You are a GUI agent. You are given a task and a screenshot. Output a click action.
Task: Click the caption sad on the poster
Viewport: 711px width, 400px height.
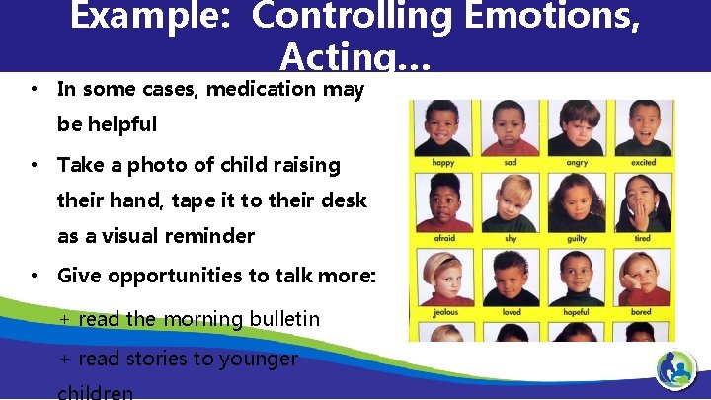511,163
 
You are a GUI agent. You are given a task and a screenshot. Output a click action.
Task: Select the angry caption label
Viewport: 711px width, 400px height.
577,163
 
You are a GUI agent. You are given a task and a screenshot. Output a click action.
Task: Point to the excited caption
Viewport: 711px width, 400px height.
643,163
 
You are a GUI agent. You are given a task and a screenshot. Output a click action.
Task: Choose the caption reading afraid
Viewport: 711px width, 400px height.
444,238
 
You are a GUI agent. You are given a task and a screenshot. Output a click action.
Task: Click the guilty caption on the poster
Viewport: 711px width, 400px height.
577,238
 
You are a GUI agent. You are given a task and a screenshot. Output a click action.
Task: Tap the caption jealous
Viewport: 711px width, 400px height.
444,313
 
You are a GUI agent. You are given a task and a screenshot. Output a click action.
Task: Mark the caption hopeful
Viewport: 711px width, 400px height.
577,313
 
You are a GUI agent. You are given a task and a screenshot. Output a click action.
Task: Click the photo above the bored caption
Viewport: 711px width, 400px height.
643,277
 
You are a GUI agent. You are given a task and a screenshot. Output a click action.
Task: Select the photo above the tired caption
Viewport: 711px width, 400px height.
643,201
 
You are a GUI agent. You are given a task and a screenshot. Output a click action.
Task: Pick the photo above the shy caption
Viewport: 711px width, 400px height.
511,201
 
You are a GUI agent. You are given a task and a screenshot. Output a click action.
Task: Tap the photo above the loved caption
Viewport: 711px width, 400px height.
511,277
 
